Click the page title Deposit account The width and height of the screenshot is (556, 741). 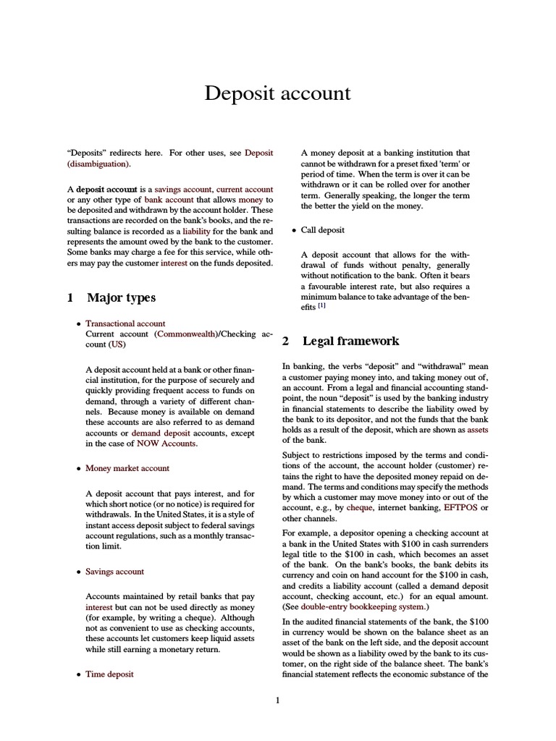[x=277, y=93]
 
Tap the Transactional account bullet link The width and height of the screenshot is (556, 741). [x=125, y=323]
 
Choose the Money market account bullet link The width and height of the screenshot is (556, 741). [x=127, y=468]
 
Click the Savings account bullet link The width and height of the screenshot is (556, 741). [x=114, y=571]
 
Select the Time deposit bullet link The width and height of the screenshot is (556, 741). [x=109, y=674]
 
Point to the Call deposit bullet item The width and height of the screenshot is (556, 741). [x=323, y=230]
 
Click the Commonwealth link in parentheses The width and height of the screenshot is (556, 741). [x=186, y=334]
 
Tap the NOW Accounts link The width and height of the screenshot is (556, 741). [x=167, y=444]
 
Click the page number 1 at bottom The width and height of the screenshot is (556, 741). [x=277, y=700]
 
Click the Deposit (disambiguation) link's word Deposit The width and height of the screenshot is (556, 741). [x=258, y=153]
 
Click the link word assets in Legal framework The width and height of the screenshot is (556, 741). [x=478, y=429]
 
